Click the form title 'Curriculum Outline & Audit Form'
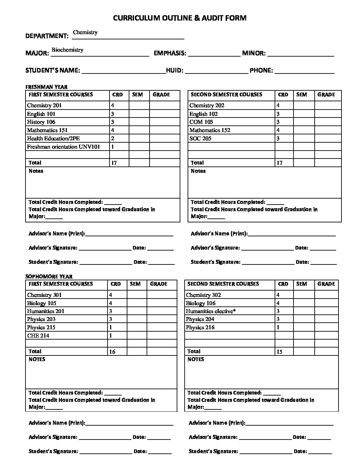(180, 18)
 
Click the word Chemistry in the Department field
(85, 32)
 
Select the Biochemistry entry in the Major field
(67, 50)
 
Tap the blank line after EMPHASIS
(214, 55)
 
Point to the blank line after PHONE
(304, 72)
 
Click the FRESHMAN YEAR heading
(46, 87)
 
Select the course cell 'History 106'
(41, 122)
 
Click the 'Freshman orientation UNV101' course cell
(63, 147)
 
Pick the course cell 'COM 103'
(201, 122)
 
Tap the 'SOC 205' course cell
(200, 138)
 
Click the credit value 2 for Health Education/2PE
(113, 139)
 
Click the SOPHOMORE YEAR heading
(49, 277)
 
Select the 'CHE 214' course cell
(38, 336)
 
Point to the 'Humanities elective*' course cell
(210, 311)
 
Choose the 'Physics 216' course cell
(200, 327)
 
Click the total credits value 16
(112, 352)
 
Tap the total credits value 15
(279, 352)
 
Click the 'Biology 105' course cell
(42, 303)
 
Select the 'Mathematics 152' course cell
(210, 130)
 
